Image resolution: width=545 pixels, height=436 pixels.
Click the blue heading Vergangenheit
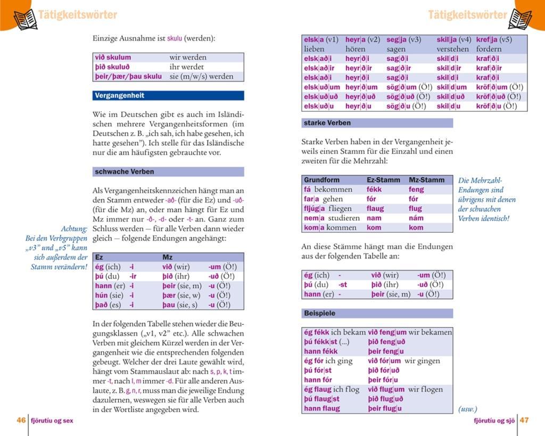pos(120,96)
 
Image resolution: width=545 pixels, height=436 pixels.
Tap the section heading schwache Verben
pos(124,172)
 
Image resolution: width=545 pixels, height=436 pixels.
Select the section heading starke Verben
pos(327,123)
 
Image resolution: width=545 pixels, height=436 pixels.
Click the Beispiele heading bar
pos(319,313)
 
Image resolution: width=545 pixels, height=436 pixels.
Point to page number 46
pos(21,420)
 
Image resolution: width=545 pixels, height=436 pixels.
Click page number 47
pos(524,420)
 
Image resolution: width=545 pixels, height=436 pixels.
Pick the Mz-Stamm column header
pos(426,180)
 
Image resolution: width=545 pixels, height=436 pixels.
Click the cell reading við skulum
pos(113,57)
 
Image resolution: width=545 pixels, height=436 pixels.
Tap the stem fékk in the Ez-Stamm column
pos(374,189)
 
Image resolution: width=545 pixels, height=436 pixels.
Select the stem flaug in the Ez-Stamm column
pos(375,208)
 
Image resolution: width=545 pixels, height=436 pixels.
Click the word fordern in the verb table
pos(489,49)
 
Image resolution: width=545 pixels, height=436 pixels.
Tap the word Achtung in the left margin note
pos(74,229)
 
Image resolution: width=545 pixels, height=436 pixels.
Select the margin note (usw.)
pos(467,409)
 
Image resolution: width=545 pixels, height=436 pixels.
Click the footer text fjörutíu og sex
pos(52,421)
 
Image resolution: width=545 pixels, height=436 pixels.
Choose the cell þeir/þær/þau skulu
pos(128,77)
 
